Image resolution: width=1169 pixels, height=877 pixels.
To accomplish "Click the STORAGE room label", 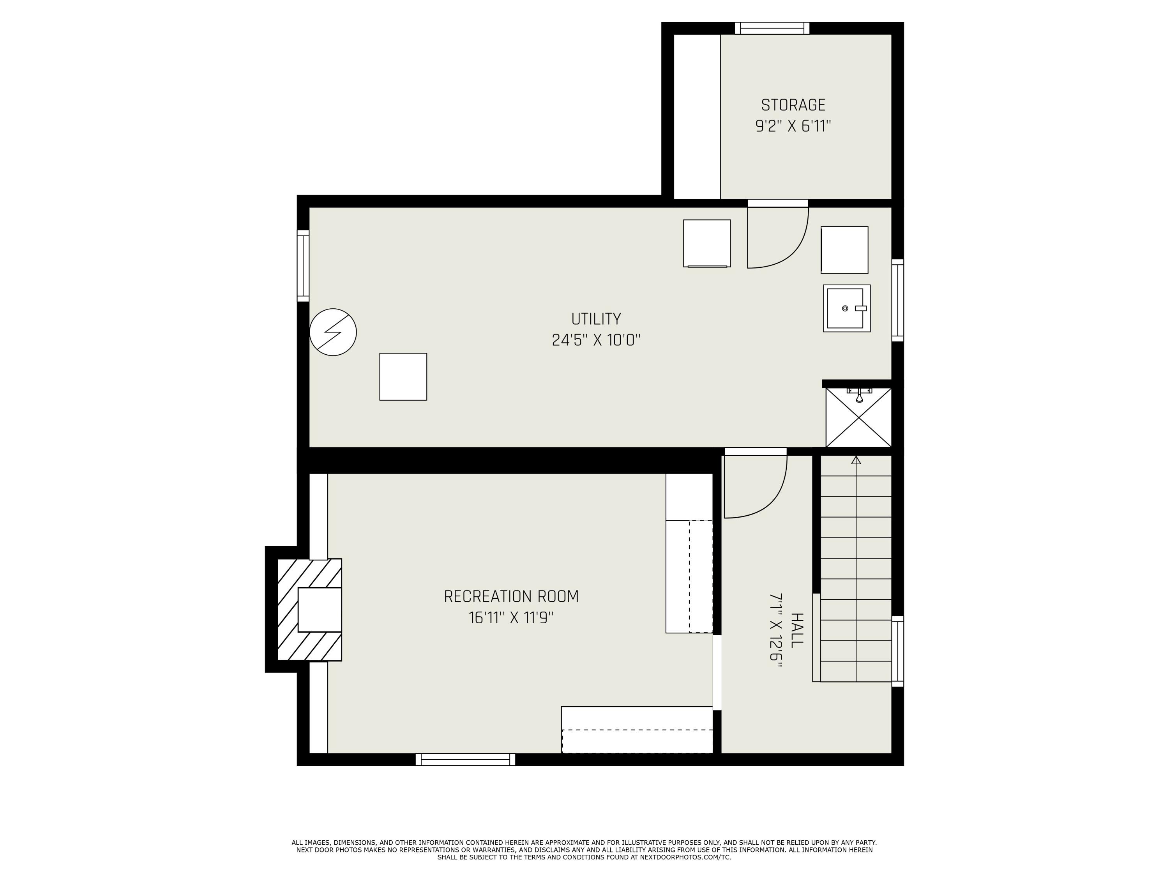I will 793,105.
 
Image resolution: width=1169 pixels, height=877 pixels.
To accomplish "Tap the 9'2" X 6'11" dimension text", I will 793,126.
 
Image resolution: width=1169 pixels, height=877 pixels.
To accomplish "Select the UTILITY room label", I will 595,319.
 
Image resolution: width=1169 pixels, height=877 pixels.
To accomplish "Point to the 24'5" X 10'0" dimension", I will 595,340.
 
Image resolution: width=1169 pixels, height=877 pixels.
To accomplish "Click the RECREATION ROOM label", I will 511,596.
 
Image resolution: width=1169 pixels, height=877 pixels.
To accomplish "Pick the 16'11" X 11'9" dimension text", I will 511,617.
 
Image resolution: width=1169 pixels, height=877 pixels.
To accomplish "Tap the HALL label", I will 796,630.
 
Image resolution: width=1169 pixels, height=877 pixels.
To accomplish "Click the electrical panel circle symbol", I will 333,332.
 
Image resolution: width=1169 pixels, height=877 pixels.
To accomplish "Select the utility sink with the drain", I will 846,308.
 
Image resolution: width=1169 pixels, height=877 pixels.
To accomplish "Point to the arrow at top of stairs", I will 856,460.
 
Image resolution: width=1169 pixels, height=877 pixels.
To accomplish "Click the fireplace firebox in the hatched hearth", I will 319,610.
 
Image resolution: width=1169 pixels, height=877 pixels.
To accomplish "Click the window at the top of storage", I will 772,28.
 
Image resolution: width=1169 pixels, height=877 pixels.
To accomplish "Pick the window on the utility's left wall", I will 303,266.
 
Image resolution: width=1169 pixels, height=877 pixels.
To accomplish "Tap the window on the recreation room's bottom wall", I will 465,759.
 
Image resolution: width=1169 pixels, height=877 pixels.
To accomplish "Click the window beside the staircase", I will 897,651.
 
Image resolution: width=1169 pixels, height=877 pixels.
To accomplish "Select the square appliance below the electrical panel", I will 403,377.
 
